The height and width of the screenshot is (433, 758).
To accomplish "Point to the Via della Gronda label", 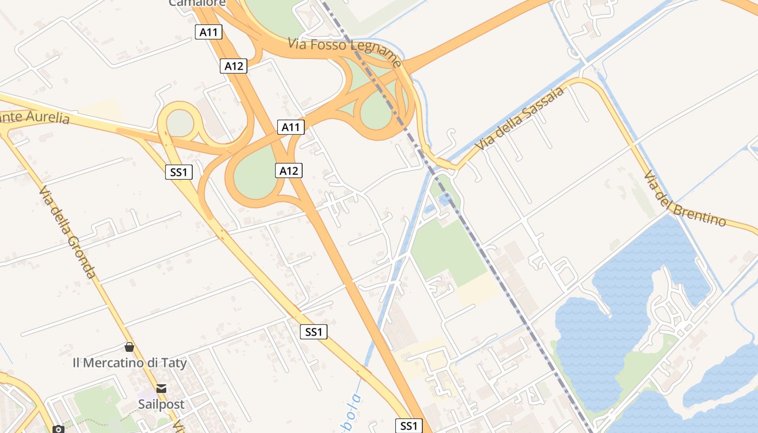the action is (68, 233).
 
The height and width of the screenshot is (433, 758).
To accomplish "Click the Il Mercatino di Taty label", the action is (129, 363).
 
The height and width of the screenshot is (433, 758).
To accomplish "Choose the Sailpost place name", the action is (161, 404).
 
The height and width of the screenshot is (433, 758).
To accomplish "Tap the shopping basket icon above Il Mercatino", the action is (129, 347).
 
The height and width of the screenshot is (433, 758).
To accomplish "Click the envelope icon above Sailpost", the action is (161, 388).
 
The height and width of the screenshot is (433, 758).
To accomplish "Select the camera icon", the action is (58, 429).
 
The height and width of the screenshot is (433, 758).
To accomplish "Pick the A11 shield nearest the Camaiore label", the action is (208, 32).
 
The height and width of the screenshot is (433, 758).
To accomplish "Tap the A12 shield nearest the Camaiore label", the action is (234, 66).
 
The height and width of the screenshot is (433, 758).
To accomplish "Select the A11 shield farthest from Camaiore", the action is (291, 127).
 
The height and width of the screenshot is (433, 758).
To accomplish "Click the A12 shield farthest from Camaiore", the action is (289, 171).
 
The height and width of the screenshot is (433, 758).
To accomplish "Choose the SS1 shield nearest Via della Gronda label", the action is (179, 173).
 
